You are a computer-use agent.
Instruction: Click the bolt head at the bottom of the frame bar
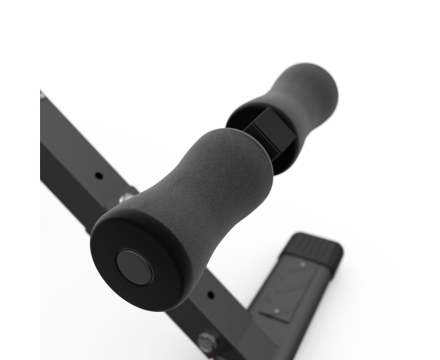pos(206,341)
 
